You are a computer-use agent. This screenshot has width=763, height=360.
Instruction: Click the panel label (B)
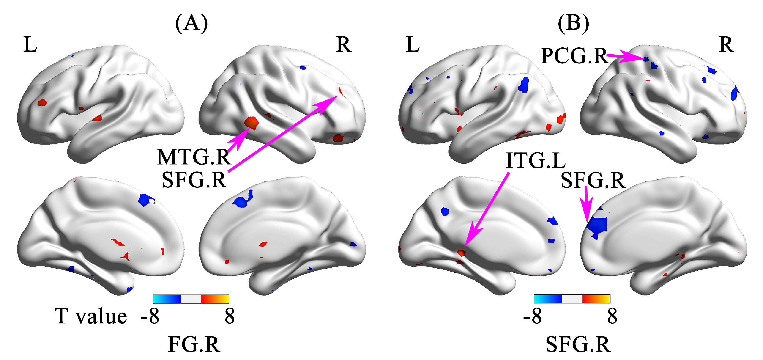(x=573, y=23)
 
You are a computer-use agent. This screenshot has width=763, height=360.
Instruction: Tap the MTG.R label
(x=194, y=157)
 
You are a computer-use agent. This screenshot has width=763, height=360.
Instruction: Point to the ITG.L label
(x=536, y=161)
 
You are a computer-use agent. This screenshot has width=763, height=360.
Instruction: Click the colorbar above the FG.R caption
(x=191, y=299)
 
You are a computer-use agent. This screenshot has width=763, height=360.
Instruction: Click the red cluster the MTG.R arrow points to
(x=252, y=122)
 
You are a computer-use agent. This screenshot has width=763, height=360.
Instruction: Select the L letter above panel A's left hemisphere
(x=30, y=45)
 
